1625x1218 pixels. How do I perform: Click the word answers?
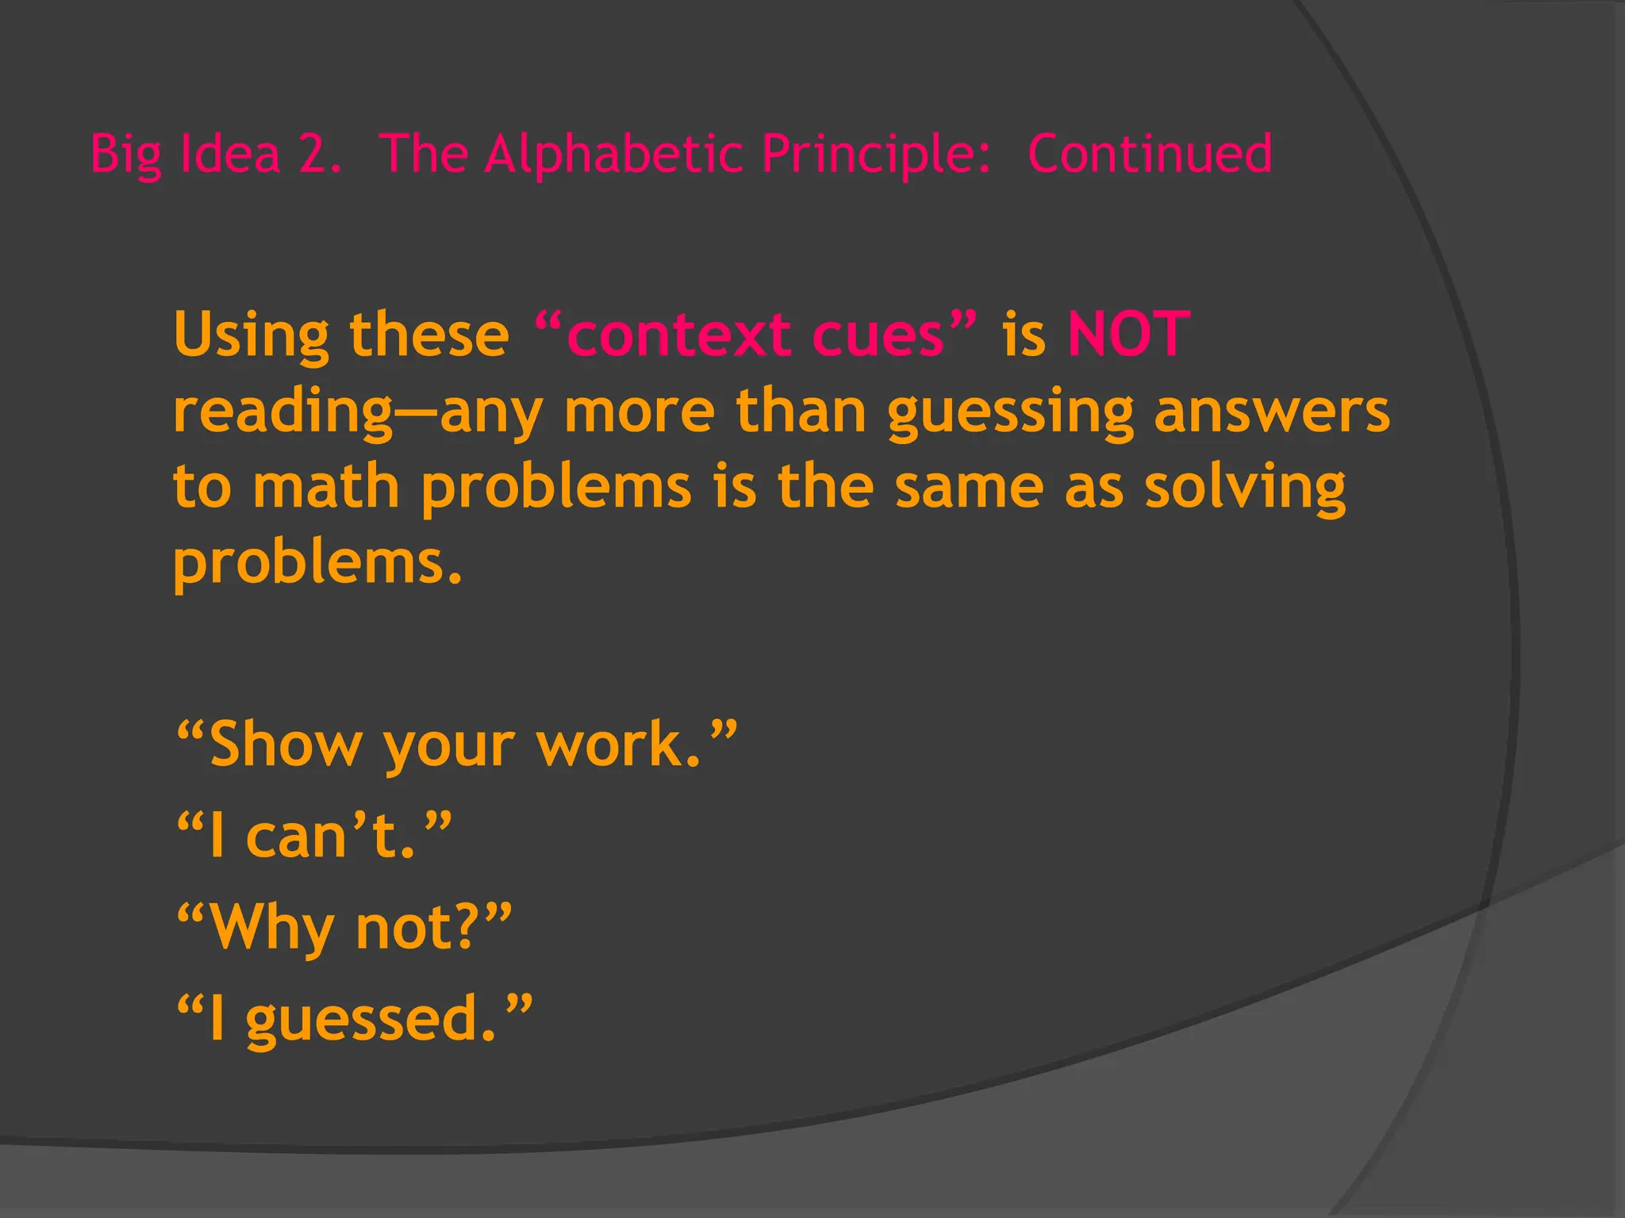1272,412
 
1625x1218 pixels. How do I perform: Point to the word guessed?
362,1020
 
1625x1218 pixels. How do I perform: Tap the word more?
640,412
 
